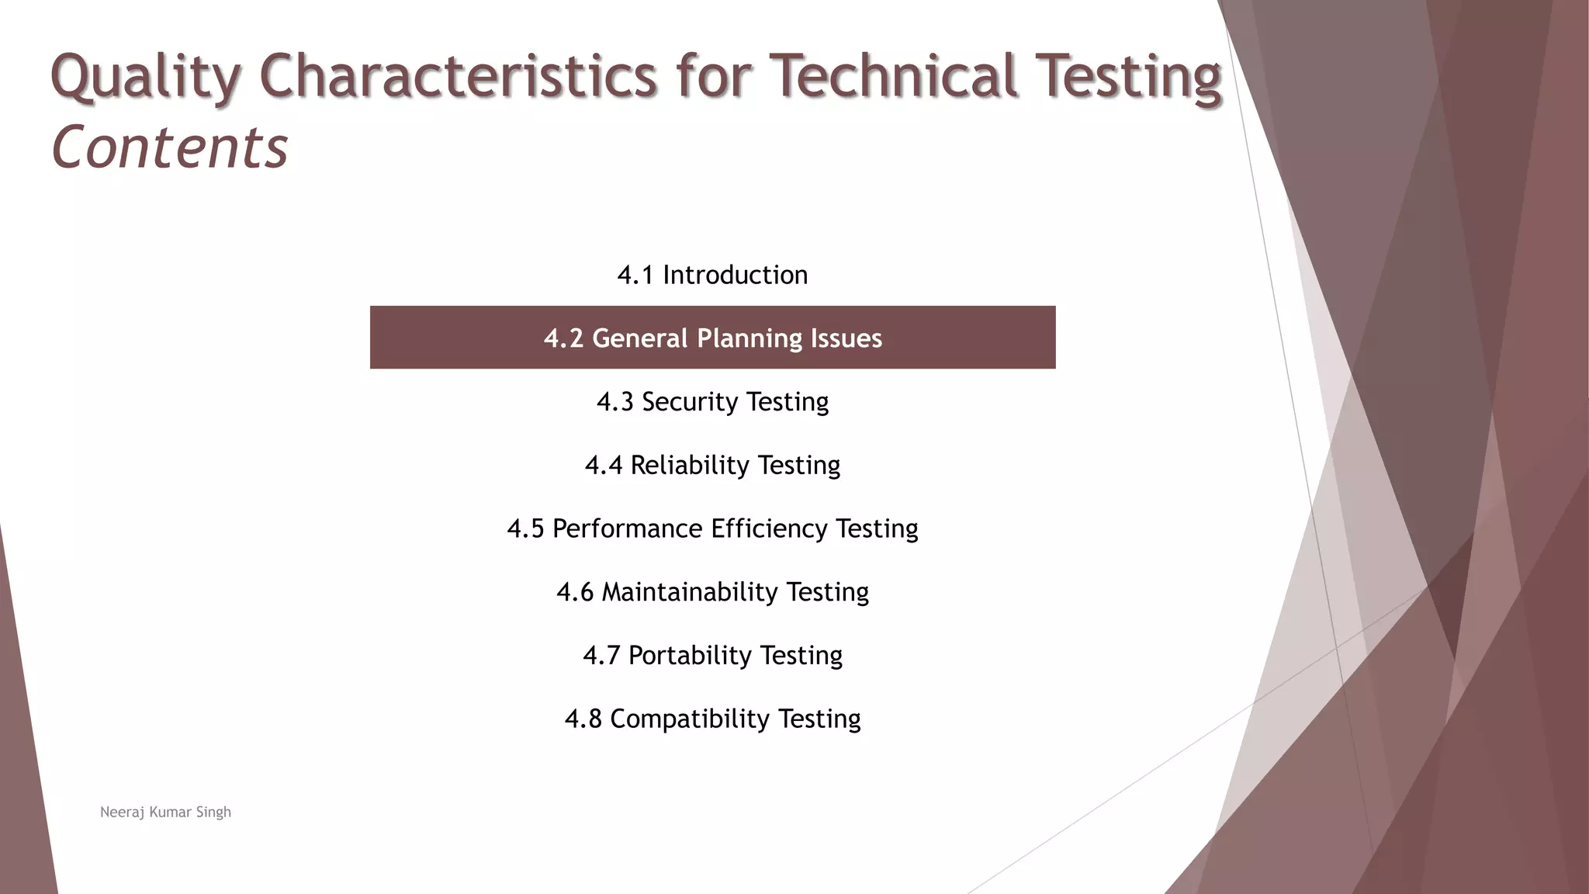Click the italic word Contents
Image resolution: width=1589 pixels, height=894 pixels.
tap(169, 147)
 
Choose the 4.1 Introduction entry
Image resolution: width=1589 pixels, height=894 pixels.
tap(712, 275)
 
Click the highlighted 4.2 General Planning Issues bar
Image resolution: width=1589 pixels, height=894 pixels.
tap(712, 338)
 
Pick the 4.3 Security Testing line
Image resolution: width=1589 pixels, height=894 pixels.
tap(712, 402)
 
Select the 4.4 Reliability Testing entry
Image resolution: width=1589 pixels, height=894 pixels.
tap(712, 465)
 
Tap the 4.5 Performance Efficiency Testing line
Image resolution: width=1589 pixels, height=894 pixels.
tap(712, 528)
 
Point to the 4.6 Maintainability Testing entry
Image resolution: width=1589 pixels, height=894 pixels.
tap(712, 592)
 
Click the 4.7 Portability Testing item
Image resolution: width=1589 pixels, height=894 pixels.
tap(712, 656)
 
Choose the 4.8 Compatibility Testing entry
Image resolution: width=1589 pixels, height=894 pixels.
tap(712, 719)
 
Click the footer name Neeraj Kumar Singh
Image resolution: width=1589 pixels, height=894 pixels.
tap(165, 813)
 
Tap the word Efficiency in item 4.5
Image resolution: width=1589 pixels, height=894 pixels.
tap(769, 529)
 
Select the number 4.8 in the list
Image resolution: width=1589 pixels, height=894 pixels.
tap(583, 719)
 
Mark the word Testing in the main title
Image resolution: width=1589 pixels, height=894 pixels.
tap(1128, 78)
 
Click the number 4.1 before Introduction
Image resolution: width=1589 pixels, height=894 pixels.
tap(635, 275)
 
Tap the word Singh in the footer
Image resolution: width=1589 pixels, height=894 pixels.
tap(213, 813)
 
